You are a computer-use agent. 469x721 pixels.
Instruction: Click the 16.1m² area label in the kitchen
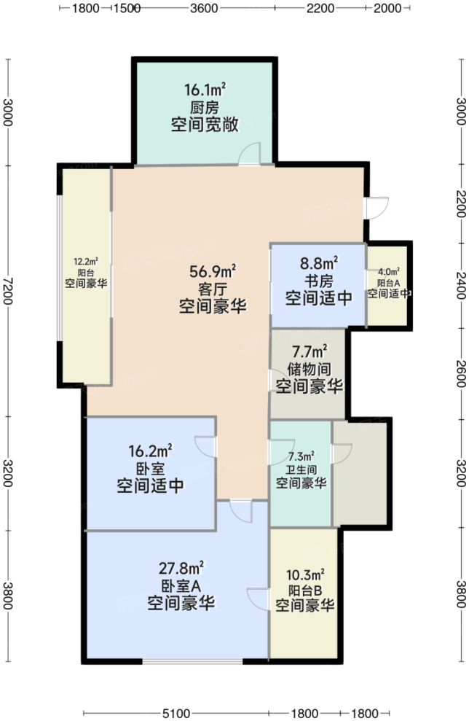[204, 91]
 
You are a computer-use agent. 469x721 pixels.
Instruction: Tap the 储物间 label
[309, 370]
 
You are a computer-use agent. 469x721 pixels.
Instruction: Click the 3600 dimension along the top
[205, 9]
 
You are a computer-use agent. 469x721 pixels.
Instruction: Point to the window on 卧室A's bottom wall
[192, 661]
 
